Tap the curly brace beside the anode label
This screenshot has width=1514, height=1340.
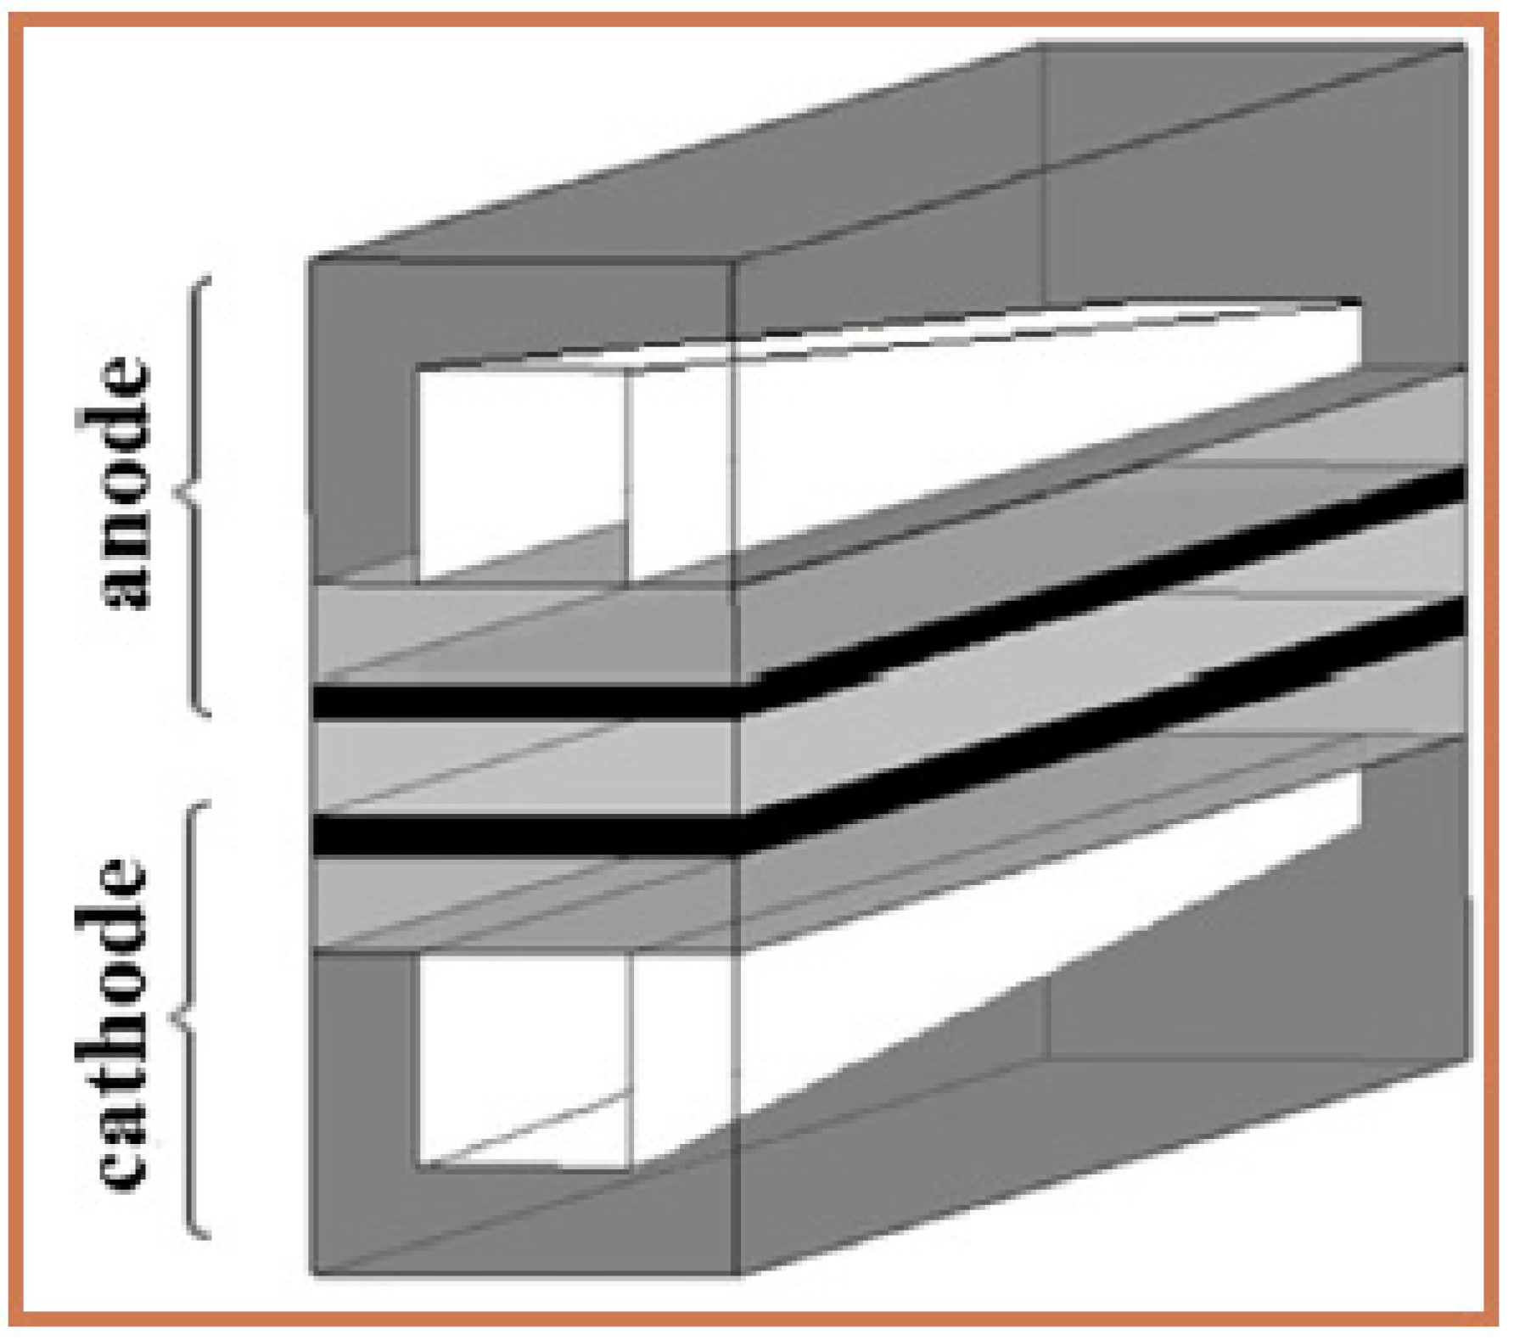tap(193, 496)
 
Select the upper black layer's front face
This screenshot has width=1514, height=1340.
tap(524, 702)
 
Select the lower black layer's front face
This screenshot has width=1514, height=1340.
tap(524, 835)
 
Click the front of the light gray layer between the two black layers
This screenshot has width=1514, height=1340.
tap(524, 767)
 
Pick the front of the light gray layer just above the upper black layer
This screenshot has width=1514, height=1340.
tap(524, 634)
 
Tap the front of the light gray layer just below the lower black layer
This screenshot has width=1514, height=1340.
tap(524, 901)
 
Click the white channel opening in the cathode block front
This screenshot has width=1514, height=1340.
tap(524, 1061)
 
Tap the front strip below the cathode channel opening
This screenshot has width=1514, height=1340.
tap(524, 1222)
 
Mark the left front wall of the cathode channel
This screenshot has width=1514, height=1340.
tap(365, 1112)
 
